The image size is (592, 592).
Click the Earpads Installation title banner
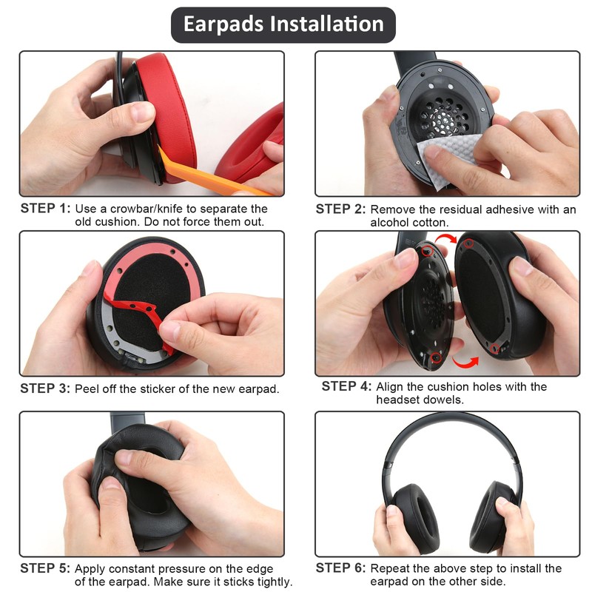click(x=283, y=24)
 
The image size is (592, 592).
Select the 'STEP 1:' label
click(x=45, y=209)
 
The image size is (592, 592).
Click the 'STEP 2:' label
click(x=341, y=209)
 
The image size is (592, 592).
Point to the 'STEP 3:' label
click(x=45, y=388)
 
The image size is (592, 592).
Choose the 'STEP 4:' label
click(x=347, y=386)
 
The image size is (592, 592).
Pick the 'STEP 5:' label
click(x=45, y=568)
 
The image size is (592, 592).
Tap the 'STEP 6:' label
click(x=341, y=568)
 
